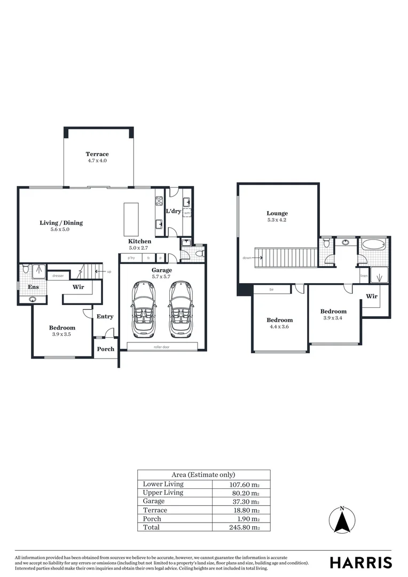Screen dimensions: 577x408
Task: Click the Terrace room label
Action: click(x=97, y=154)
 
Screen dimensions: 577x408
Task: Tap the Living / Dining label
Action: click(x=61, y=223)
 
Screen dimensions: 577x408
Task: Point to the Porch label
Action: click(x=106, y=349)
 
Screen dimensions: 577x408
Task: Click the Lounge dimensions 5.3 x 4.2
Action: click(x=277, y=220)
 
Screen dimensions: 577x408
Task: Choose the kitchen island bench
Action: click(x=131, y=219)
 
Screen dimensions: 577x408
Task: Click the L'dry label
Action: click(x=174, y=211)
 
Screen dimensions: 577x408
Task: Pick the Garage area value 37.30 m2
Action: click(x=244, y=502)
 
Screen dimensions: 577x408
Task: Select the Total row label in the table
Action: click(x=151, y=527)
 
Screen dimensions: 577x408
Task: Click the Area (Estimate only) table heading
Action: click(x=203, y=474)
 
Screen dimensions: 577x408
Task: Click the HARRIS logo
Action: click(x=360, y=562)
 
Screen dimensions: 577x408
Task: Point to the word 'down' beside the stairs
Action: click(x=247, y=258)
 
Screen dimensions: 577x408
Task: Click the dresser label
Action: click(x=58, y=276)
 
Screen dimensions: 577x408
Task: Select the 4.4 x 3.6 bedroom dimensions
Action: click(x=280, y=327)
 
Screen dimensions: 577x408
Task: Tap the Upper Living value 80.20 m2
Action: click(x=244, y=493)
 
